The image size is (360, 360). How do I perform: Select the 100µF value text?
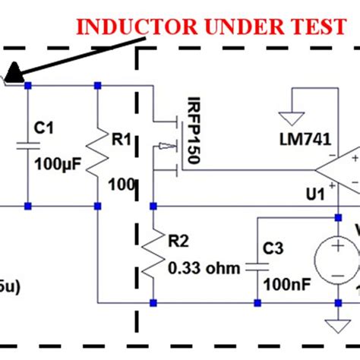[x=55, y=165]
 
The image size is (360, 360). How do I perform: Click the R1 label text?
[x=121, y=140]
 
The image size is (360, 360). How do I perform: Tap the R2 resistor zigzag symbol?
[x=153, y=254]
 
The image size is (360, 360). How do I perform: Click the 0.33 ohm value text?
[x=204, y=268]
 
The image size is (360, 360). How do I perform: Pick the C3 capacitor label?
[x=273, y=248]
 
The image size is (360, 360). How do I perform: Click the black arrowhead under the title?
[x=12, y=74]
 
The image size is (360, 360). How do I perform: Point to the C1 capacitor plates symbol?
[x=28, y=144]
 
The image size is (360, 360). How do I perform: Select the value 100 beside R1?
[x=121, y=185]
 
